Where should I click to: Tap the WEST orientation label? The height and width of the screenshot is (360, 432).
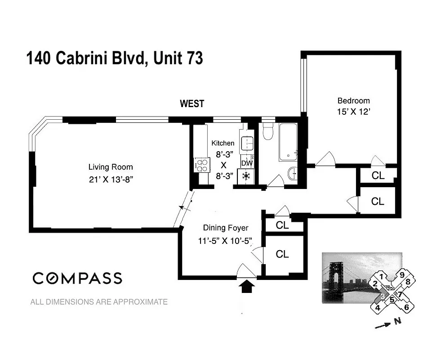[192, 104]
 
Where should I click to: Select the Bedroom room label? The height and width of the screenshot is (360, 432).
[353, 101]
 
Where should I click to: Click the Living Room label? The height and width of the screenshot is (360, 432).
[110, 167]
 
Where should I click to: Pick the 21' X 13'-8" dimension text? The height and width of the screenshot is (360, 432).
[110, 180]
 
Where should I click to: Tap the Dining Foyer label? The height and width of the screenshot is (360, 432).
[225, 228]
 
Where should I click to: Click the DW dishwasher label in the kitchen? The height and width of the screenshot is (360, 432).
[246, 163]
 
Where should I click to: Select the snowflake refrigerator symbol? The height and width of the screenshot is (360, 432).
[246, 176]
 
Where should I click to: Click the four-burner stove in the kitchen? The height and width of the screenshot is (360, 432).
[202, 164]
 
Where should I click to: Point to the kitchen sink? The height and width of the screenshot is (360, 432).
[247, 144]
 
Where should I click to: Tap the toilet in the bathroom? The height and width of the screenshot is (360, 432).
[268, 132]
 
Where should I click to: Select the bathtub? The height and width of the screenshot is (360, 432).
[288, 142]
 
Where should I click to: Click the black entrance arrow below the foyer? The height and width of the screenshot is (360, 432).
[246, 287]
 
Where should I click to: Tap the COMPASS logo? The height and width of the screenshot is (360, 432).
[77, 278]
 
